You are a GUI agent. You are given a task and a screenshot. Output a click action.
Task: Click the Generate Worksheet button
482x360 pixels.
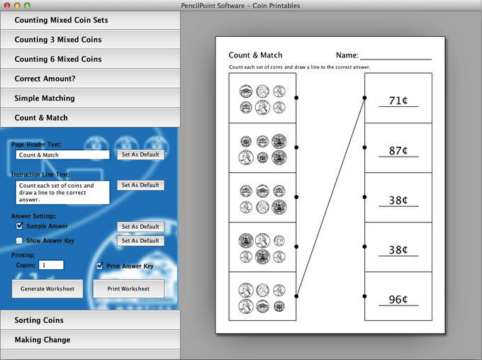[47, 288]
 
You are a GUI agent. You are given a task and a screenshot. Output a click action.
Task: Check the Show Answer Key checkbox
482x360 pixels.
[19, 240]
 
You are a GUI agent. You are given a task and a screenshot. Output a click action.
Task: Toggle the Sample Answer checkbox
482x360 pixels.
[19, 226]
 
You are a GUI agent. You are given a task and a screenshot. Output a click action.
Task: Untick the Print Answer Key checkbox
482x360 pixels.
[100, 266]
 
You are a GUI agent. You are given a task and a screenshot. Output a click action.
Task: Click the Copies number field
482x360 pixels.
[51, 265]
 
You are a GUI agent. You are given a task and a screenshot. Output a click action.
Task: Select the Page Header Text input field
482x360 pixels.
[62, 155]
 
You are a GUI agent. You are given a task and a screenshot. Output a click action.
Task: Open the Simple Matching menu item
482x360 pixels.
[90, 98]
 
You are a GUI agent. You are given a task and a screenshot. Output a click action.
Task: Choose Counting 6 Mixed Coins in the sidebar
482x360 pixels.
[90, 59]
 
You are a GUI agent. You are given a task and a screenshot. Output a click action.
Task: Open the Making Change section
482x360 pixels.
[90, 339]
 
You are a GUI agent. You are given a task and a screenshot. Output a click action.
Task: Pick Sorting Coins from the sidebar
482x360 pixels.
[90, 320]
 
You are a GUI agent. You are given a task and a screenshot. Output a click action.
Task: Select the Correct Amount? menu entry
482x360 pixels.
[90, 79]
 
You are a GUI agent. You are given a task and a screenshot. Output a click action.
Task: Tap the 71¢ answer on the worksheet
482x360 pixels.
[398, 101]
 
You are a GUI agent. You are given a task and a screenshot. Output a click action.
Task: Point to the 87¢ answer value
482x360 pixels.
[398, 150]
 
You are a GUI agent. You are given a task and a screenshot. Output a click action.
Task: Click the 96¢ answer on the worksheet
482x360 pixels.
[398, 299]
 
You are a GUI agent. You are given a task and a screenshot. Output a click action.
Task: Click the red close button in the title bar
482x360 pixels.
[7, 6]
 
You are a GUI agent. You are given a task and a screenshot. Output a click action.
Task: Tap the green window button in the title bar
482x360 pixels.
[27, 6]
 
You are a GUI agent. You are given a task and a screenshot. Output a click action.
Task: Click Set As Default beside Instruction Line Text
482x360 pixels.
[140, 185]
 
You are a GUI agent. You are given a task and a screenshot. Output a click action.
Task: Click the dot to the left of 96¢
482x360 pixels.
[364, 296]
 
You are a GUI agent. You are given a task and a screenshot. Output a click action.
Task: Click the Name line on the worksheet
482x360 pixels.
[396, 59]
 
